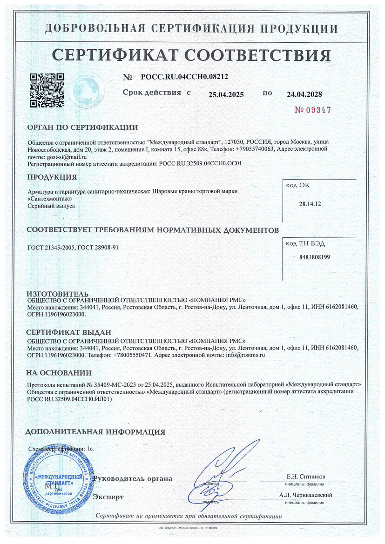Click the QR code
pyautogui.click(x=47, y=89)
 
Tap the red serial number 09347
pyautogui.click(x=313, y=110)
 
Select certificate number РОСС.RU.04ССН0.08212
pyautogui.click(x=184, y=77)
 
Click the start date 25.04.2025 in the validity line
pyautogui.click(x=226, y=94)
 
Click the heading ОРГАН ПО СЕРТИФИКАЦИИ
pyautogui.click(x=82, y=128)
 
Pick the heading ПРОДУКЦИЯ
pyautogui.click(x=52, y=177)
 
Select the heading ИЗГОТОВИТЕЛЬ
pyautogui.click(x=57, y=294)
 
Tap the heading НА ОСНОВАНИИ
pyautogui.click(x=59, y=373)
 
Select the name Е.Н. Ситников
pyautogui.click(x=306, y=477)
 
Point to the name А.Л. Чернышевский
pyautogui.click(x=306, y=495)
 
